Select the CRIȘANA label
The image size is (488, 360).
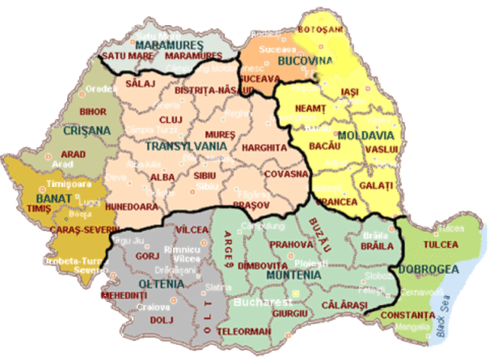pos(87,130)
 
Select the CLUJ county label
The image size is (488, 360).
pos(169,121)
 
